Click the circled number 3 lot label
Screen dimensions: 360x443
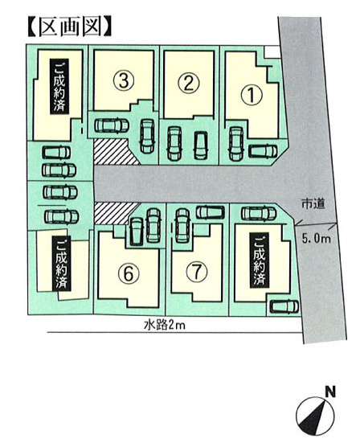124,80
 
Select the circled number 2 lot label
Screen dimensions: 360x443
189,83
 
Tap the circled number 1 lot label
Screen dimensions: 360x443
251,95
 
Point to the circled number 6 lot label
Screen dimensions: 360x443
129,273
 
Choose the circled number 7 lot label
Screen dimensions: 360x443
197,271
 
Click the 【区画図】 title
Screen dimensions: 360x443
69,27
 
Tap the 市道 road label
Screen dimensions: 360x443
313,203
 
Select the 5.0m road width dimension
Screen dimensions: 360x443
316,238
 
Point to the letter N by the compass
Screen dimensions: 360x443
329,392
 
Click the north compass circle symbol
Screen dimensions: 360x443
315,416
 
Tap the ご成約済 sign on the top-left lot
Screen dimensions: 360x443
59,87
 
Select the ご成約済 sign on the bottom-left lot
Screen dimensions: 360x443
62,264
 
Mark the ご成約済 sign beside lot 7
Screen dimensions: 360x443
260,260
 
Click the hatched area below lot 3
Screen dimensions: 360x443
116,152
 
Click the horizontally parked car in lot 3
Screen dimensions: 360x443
112,125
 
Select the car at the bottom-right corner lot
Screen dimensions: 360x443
284,306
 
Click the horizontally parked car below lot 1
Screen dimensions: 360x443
263,151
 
